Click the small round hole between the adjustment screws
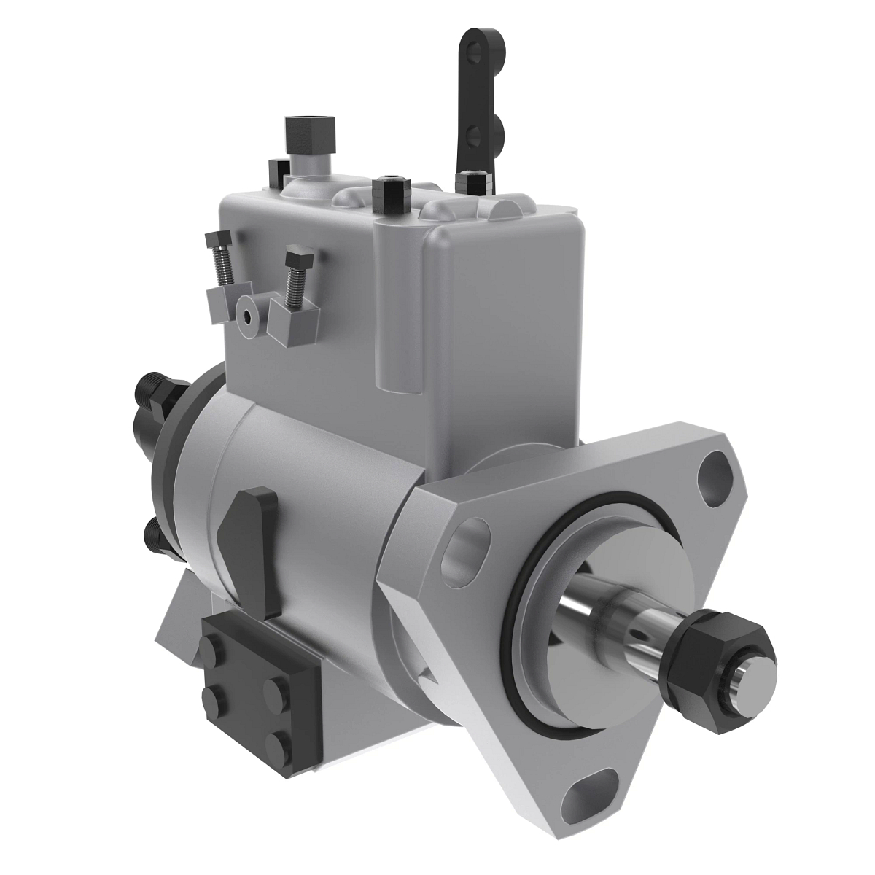(249, 316)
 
